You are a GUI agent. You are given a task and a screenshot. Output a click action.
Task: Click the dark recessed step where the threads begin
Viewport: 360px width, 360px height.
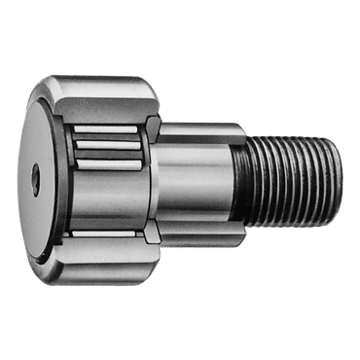(x=242, y=180)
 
